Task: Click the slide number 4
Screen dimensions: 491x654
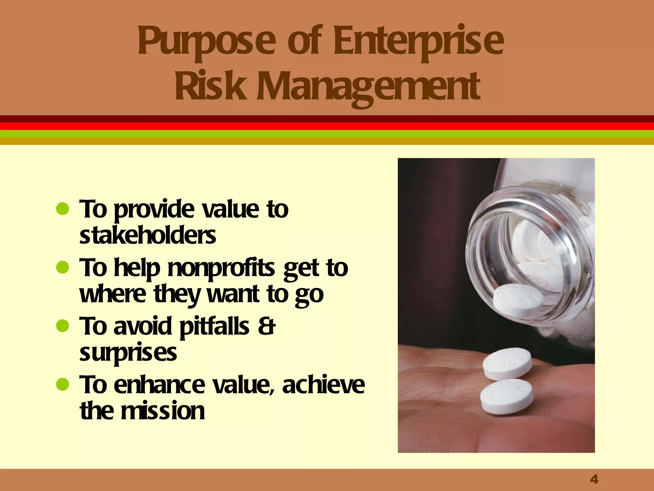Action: (594, 479)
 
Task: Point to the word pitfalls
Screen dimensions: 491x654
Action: (214, 327)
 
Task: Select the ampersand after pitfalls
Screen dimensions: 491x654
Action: (266, 326)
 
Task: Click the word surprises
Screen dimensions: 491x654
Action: (128, 354)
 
